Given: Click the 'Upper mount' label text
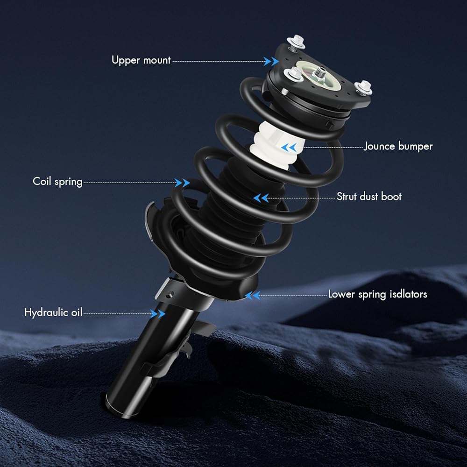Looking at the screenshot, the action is (141, 60).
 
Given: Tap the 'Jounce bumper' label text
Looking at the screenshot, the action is (398, 146).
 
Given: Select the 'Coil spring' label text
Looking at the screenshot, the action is (57, 182).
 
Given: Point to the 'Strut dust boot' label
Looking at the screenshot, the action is (369, 197).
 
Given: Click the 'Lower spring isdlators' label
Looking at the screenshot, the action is (377, 294).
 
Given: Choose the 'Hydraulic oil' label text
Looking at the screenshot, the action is (53, 312).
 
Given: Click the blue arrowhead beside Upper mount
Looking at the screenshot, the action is (271, 61).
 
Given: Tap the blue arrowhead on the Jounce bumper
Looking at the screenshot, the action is (289, 147).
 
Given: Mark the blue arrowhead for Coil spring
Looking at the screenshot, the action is (182, 183).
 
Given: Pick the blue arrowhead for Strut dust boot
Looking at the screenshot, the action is (261, 198).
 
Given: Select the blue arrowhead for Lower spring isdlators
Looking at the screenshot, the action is (253, 296).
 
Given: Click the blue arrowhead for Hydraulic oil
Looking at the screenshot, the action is (157, 313).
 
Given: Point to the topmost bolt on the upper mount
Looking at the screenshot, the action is (296, 42).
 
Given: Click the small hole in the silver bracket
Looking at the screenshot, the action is (170, 295).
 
